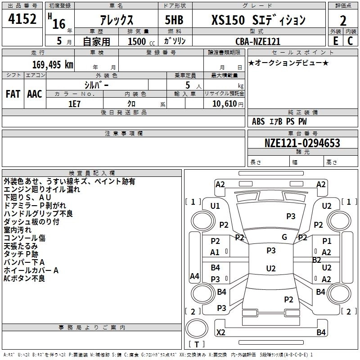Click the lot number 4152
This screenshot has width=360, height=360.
(x=22, y=19)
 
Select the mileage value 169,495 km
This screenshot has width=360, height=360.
(x=53, y=64)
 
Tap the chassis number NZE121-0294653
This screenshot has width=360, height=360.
(x=302, y=143)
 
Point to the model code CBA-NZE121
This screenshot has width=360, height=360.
(x=258, y=41)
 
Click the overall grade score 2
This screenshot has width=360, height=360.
(x=343, y=21)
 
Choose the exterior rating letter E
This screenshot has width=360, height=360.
(x=336, y=41)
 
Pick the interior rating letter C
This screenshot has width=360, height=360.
(x=350, y=41)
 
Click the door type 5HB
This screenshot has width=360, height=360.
(x=174, y=20)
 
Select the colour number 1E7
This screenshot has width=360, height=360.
(x=74, y=104)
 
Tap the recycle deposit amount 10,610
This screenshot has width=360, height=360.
(x=224, y=104)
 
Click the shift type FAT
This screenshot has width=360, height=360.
(x=13, y=94)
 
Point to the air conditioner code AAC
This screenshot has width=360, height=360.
(x=35, y=94)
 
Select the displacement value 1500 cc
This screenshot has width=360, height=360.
(x=141, y=41)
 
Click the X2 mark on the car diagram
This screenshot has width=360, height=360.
(x=220, y=332)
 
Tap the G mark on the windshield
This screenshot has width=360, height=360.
(x=284, y=237)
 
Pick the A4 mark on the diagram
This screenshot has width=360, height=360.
(x=194, y=276)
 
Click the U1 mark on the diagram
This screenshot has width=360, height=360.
(x=215, y=206)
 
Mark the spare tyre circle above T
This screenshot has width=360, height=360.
(x=197, y=328)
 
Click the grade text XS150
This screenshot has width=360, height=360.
(x=228, y=20)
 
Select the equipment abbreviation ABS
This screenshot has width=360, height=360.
(x=258, y=121)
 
